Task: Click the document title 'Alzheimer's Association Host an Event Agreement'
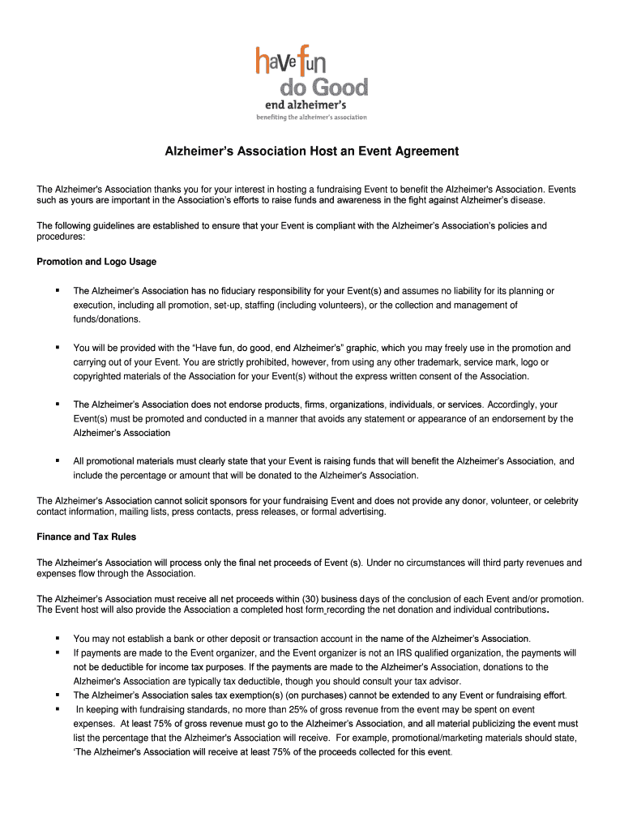[x=312, y=152]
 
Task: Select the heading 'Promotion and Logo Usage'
[x=96, y=262]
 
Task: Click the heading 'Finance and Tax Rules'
[x=86, y=537]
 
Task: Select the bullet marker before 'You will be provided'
[x=58, y=347]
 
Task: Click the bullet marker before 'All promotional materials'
[x=58, y=460]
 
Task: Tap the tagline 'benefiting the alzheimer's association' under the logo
[x=312, y=118]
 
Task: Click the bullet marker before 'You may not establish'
[x=58, y=639]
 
